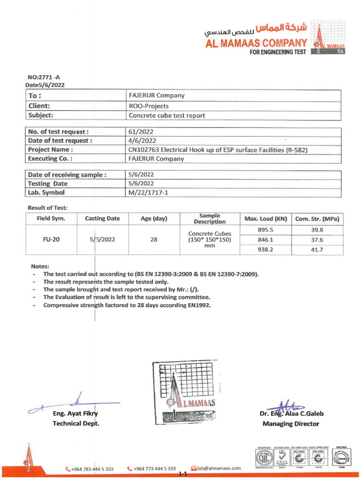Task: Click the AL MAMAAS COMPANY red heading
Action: [256, 43]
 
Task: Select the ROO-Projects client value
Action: [149, 106]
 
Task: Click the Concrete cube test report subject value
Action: [167, 115]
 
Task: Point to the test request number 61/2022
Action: [141, 132]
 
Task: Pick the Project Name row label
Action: [51, 150]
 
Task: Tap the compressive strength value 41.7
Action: [317, 250]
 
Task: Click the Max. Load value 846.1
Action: [265, 240]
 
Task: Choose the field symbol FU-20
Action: [51, 239]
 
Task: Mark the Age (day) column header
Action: [154, 218]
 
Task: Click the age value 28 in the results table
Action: [154, 240]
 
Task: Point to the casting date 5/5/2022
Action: [102, 240]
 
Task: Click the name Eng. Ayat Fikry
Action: [75, 413]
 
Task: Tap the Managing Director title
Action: [291, 424]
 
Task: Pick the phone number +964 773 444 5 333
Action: [154, 468]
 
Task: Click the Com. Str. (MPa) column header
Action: [317, 219]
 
